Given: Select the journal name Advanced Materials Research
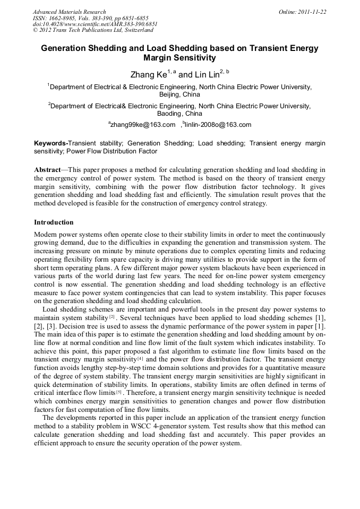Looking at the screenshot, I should point(69,12).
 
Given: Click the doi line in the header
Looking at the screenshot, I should point(95,24).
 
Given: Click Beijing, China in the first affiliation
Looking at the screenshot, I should point(179,94).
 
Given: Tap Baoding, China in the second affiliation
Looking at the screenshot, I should point(179,114).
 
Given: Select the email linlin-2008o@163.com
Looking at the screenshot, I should point(217,125).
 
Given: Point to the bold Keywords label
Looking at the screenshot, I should point(51,143).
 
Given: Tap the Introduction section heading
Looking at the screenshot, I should point(54,222).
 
